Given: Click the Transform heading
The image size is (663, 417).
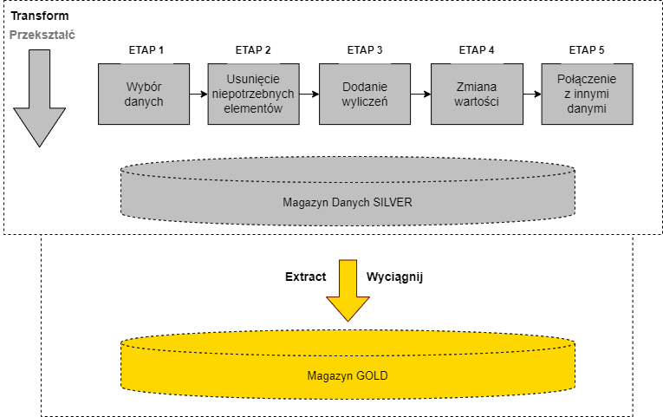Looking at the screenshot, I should click(x=40, y=16).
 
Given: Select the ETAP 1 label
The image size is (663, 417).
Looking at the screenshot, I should click(x=144, y=49).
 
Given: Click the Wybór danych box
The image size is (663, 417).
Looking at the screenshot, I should click(x=144, y=94).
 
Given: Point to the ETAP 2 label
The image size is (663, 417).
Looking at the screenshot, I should click(x=253, y=49).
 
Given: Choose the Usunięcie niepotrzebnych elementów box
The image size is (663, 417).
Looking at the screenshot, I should click(x=253, y=94).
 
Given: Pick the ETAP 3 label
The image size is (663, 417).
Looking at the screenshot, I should click(x=363, y=49).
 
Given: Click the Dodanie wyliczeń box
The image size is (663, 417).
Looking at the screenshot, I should click(x=364, y=94).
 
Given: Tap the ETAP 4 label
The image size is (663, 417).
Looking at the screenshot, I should click(x=477, y=49).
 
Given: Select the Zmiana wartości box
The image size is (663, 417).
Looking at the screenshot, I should click(x=477, y=94).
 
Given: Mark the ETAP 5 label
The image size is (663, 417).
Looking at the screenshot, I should click(x=587, y=49).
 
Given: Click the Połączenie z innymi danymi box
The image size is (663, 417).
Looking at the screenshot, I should click(x=587, y=94).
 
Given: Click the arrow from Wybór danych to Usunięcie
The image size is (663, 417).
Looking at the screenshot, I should click(x=198, y=94).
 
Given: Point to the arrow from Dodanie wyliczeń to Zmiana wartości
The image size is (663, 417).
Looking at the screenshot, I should click(x=420, y=94).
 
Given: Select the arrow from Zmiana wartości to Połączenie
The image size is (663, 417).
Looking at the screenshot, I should click(x=531, y=94).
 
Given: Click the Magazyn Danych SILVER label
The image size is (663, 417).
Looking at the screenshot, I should click(x=347, y=203).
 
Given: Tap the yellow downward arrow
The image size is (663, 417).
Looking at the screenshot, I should click(x=348, y=290).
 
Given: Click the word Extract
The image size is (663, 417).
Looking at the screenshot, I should click(x=306, y=278).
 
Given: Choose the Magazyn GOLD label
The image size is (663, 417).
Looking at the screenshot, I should click(x=347, y=376).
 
